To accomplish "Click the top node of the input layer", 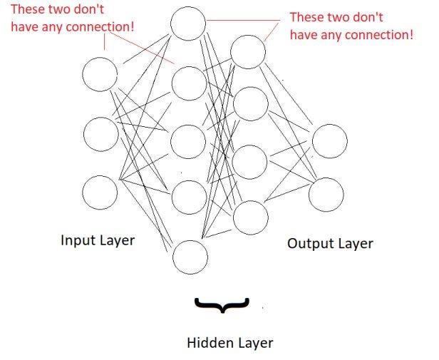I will click(x=99, y=76).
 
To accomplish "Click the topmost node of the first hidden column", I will click(x=189, y=24).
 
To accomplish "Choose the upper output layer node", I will click(x=329, y=140).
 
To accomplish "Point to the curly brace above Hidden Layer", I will click(x=222, y=305).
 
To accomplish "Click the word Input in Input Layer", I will click(x=77, y=240).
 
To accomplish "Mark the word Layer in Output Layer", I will click(x=353, y=244).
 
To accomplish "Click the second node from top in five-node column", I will click(x=189, y=83).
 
